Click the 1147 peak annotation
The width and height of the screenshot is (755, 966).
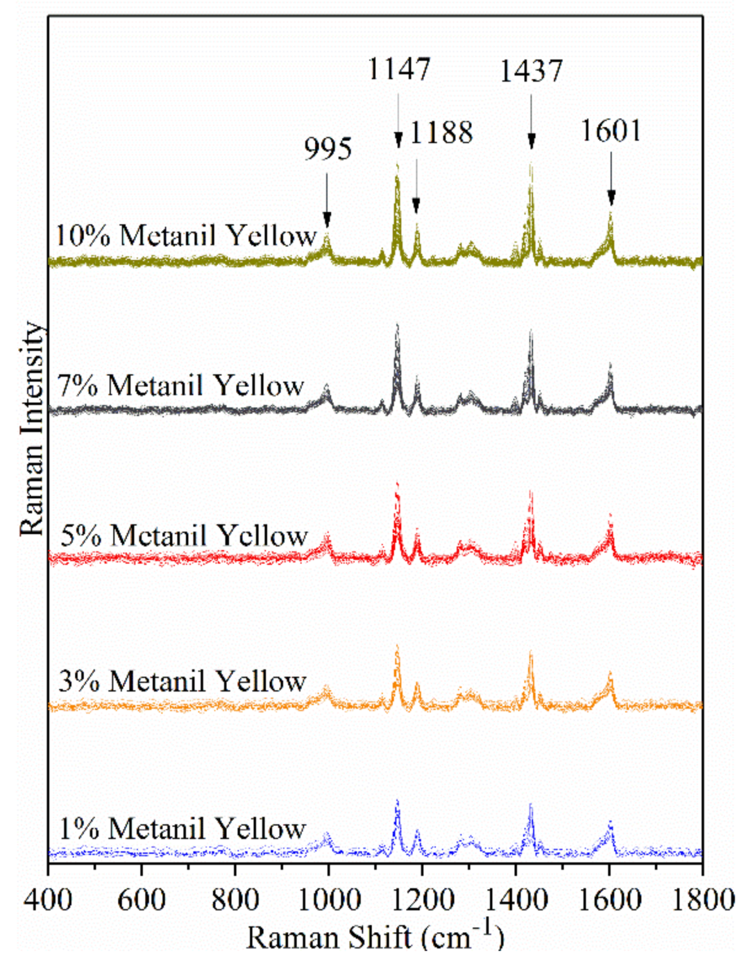tap(400, 69)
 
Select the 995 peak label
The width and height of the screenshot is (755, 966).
tap(328, 149)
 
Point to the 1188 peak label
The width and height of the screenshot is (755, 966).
tap(441, 134)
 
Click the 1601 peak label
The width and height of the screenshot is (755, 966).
tap(611, 131)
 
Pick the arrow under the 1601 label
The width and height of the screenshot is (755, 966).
tap(611, 178)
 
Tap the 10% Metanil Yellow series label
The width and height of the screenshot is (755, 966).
tap(186, 235)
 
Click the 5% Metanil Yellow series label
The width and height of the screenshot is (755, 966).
tap(184, 535)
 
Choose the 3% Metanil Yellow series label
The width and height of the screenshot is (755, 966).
tap(182, 681)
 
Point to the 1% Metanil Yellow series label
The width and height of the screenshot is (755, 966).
tap(182, 829)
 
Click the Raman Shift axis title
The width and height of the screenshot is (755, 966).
tap(375, 937)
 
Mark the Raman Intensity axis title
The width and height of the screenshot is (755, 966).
tap(32, 428)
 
